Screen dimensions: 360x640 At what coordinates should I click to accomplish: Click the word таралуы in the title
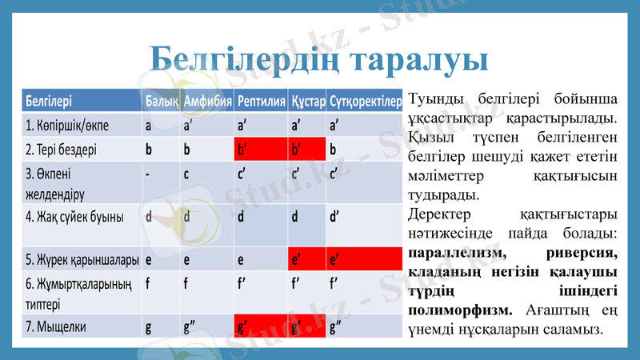[x=420, y=58]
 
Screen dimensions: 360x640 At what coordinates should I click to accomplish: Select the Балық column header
[x=160, y=102]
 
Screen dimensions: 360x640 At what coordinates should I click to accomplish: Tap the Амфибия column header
[x=207, y=102]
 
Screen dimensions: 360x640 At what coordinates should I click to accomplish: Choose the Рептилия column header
[x=261, y=102]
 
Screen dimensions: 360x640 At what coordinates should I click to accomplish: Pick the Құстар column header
[x=307, y=102]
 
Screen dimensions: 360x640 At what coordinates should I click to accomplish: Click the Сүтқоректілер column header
[x=364, y=102]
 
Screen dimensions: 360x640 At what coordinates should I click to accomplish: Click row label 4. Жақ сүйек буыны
[x=74, y=217]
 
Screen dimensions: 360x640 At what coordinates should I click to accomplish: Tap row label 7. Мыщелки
[x=56, y=327]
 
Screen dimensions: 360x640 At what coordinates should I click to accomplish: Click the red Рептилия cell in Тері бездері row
[x=260, y=149]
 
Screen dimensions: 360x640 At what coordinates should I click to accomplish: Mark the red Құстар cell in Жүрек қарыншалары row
[x=307, y=259]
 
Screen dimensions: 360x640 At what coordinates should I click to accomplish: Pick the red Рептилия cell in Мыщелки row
[x=260, y=327]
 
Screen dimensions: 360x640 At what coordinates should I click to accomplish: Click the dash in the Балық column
[x=148, y=174]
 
